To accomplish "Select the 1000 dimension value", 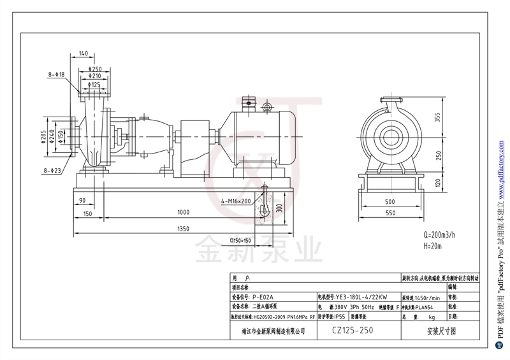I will click(x=184, y=212).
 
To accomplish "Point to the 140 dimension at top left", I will click(x=84, y=53).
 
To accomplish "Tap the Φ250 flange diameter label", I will click(x=96, y=69).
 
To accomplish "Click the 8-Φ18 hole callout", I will click(x=56, y=75).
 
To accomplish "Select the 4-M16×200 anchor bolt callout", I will click(x=236, y=201).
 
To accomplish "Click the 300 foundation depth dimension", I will click(x=278, y=208).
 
